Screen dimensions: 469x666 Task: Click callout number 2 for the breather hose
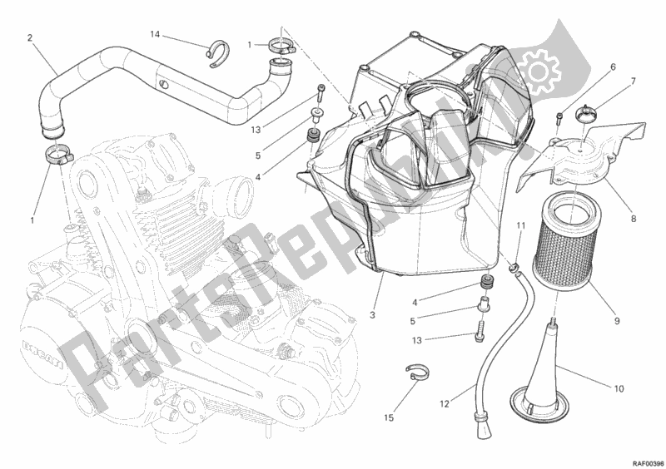pos(30,37)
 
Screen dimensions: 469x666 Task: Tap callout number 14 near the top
pos(154,34)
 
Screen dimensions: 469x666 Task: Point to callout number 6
pos(612,67)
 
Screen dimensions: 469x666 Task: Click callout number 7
pos(633,81)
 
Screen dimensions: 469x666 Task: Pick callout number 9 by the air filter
pos(616,317)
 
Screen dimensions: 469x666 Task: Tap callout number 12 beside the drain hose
pos(445,404)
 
